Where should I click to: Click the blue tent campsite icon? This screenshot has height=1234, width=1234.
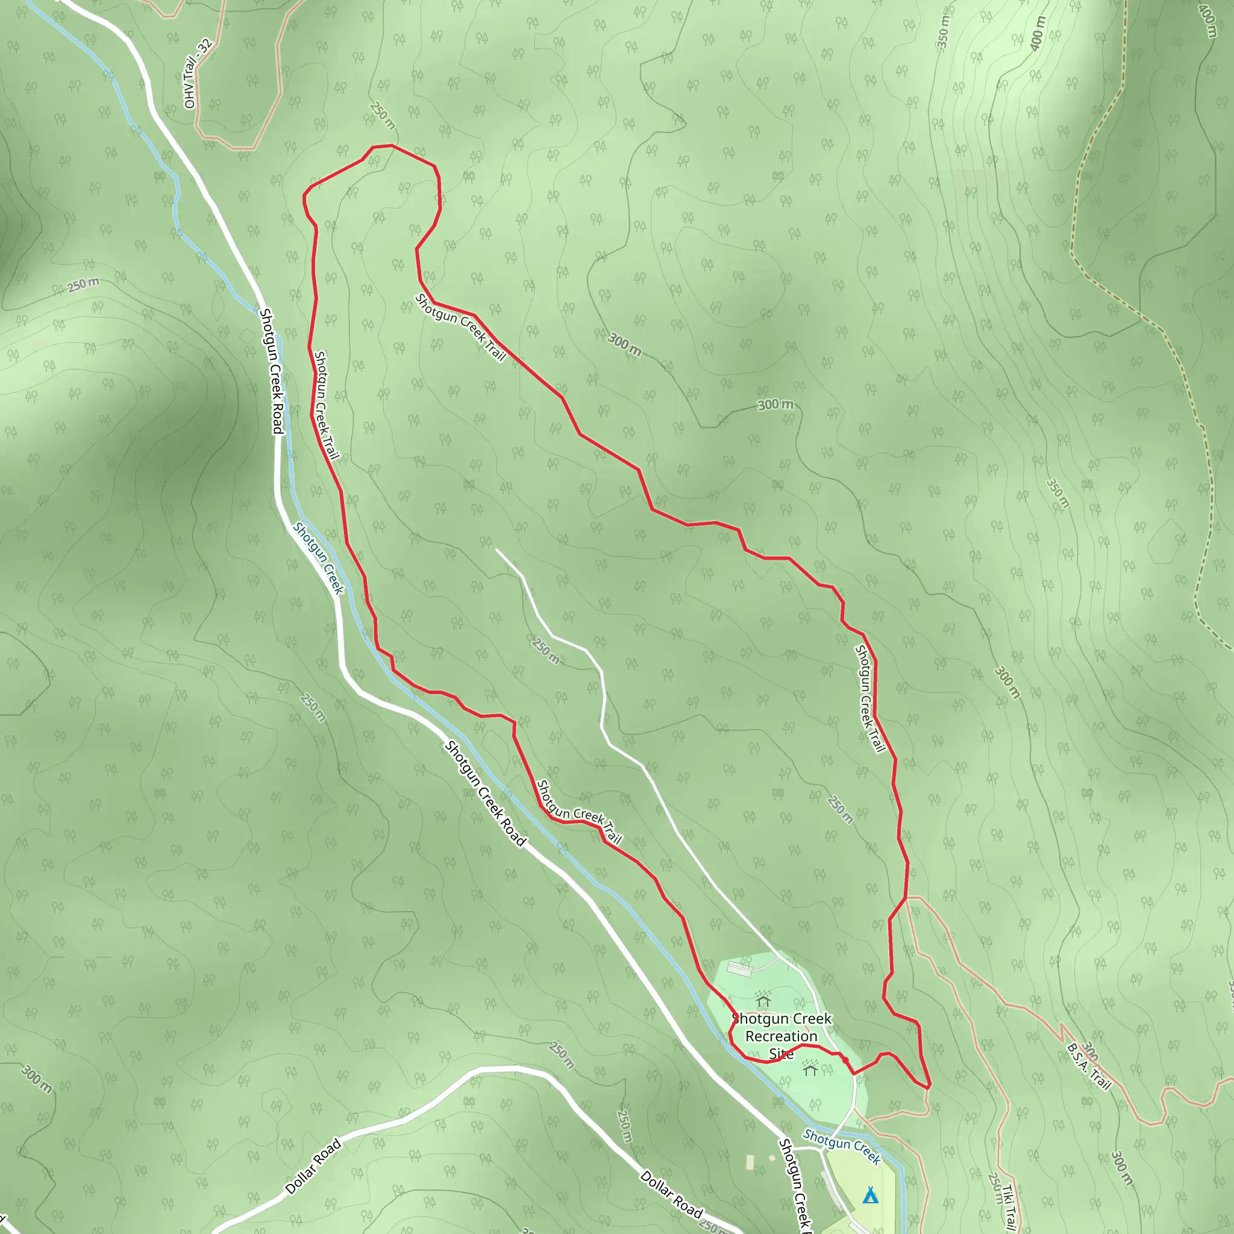(870, 1195)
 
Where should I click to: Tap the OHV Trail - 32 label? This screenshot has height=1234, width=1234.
(198, 74)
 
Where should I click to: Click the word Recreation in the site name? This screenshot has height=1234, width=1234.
(781, 1036)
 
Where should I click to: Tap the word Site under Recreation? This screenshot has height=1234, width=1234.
(781, 1054)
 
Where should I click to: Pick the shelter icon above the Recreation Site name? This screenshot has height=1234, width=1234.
(763, 1000)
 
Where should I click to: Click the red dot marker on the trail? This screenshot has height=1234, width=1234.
(845, 1060)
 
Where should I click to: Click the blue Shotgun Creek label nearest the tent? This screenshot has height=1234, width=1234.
(842, 1147)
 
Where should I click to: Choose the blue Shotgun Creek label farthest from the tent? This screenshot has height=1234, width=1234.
(318, 557)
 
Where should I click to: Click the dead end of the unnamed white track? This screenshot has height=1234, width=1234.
(496, 550)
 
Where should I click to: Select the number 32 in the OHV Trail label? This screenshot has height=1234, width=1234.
(205, 46)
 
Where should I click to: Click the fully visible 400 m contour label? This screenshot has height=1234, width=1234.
(1039, 33)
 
